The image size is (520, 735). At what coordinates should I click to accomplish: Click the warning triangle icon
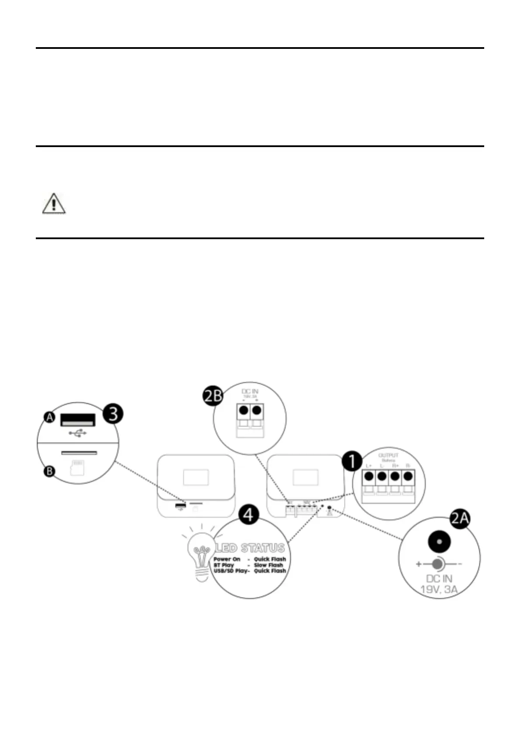[54, 203]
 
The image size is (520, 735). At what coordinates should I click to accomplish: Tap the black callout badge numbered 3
[113, 413]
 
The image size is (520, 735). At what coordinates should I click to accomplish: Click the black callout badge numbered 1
[352, 462]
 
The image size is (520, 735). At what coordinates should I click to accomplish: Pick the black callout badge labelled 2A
[460, 519]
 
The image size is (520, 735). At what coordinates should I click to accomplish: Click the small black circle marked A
[50, 418]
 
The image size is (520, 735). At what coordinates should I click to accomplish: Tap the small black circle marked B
[50, 471]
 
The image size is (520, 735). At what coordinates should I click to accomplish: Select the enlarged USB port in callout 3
[78, 420]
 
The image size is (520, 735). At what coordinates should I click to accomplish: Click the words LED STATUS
[250, 548]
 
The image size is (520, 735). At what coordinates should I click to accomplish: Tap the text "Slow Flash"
[268, 565]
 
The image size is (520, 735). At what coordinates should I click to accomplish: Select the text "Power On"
[227, 559]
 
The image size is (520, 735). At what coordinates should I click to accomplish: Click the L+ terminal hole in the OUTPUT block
[368, 476]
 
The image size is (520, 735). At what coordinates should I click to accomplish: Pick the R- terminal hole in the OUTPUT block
[408, 476]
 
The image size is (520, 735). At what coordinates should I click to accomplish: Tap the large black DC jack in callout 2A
[439, 542]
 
